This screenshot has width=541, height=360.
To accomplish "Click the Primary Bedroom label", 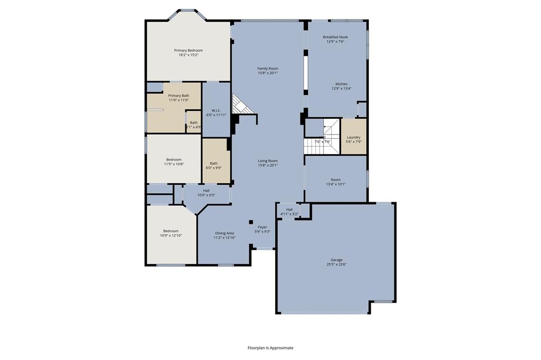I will click(189, 51).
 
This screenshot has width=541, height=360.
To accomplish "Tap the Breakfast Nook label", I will click(335, 37).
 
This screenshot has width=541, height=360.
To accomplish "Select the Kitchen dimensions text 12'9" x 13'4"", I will click(341, 89).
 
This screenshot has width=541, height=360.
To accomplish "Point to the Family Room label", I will click(267, 69).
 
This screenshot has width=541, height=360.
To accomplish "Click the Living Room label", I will click(267, 161).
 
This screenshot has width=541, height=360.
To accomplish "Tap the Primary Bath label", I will click(179, 96).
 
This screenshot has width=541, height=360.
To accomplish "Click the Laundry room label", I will click(353, 137).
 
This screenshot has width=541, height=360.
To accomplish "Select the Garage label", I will click(337, 260).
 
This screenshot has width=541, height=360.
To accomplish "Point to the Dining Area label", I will click(225, 233).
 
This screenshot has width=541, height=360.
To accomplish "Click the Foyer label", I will click(262, 227).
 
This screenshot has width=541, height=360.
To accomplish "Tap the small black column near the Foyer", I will click(251, 222).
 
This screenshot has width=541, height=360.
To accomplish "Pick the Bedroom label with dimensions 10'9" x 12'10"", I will click(171, 231).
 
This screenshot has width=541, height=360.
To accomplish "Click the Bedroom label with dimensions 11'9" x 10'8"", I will click(174, 159).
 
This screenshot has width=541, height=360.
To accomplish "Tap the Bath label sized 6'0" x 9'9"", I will click(213, 163).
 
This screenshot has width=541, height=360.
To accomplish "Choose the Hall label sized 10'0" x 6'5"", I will click(206, 191).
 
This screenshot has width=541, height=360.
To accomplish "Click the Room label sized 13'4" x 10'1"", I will click(335, 179).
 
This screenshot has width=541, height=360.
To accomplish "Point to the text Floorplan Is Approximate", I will click(270, 348).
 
